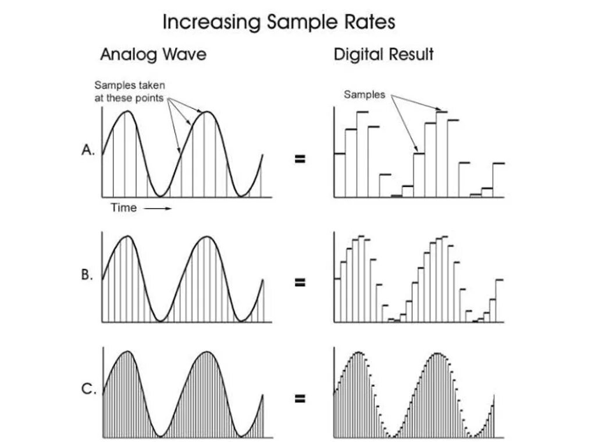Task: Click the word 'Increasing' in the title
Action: tap(212, 22)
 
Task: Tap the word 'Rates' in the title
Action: tap(369, 22)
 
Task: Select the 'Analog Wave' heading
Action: tap(153, 55)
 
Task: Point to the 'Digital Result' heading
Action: tap(383, 55)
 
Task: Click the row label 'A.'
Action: tap(88, 150)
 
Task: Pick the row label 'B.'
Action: tap(87, 275)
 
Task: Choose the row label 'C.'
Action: tap(88, 390)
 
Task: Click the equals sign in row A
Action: tap(300, 158)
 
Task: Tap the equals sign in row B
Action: tap(300, 283)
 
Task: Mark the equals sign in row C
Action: tap(300, 399)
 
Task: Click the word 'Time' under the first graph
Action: tap(123, 208)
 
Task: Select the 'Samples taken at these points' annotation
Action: tap(129, 92)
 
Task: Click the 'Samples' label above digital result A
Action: tap(364, 94)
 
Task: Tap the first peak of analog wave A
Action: tap(126, 111)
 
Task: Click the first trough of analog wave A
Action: tap(159, 195)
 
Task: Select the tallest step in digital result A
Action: tap(442, 112)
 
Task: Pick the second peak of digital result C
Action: tap(437, 353)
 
